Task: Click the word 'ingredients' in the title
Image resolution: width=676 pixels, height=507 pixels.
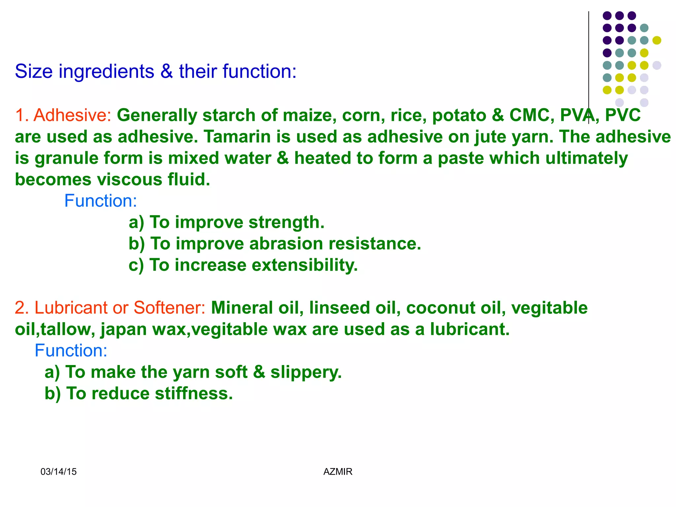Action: (x=106, y=72)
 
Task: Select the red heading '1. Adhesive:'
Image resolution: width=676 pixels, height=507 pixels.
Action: (x=63, y=116)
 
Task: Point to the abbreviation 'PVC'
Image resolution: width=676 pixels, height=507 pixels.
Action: (x=623, y=116)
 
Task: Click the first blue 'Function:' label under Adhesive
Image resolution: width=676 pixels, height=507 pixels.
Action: (x=100, y=201)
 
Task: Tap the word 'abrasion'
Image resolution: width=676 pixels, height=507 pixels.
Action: (x=286, y=244)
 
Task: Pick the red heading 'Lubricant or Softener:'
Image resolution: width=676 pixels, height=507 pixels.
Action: (x=120, y=308)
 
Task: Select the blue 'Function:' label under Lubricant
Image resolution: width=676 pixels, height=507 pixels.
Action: (x=71, y=351)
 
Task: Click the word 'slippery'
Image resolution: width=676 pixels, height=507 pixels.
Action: (x=306, y=372)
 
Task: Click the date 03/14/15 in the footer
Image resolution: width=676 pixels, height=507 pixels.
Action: (x=58, y=472)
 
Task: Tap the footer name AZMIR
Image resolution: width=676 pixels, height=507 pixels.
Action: (x=338, y=472)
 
